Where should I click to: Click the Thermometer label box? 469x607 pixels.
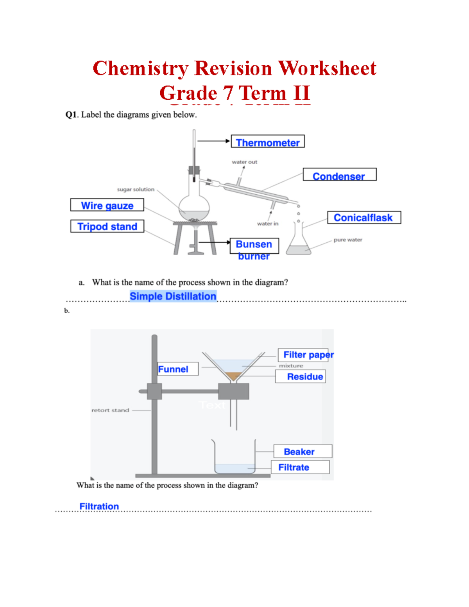pos(268,142)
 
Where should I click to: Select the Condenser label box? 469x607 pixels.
pos(339,175)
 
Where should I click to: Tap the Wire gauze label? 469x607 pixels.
pos(107,205)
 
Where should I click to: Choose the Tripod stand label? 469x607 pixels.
pos(107,226)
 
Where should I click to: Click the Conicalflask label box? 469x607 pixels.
pos(364,218)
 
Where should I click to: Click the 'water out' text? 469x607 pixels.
pos(244,162)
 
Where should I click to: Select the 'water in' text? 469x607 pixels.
pos(268,224)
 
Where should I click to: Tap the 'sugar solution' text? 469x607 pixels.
pos(136,189)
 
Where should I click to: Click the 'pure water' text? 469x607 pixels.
pos(348,240)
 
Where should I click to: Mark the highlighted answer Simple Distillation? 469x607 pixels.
pos(173,296)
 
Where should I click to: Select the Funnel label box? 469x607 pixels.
pos(178,369)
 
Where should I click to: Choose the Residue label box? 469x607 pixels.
pos(301,376)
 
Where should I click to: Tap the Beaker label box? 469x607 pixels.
pos(303,451)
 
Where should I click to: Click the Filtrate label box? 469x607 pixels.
pos(300,467)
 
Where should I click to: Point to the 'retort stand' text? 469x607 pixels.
pos(110,410)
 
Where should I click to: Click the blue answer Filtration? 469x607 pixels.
pos(99,506)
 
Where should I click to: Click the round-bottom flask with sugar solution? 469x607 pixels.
pos(194,206)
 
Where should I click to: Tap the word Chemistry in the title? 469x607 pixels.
pos(140,68)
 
